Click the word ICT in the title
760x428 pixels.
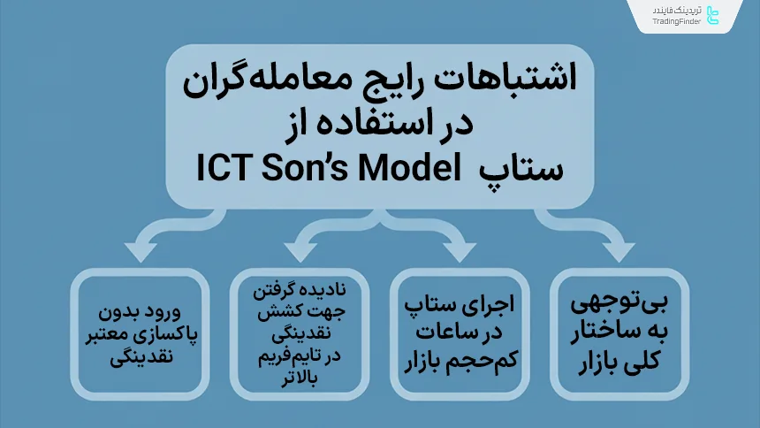228,166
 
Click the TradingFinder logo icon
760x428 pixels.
714,14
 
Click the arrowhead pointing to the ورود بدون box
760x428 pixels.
140,252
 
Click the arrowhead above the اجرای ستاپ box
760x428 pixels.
459,252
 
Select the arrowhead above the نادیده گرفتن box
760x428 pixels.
300,252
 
